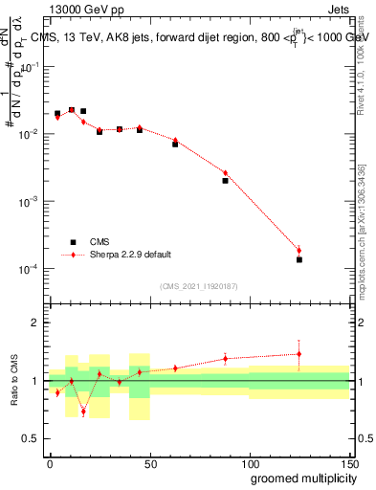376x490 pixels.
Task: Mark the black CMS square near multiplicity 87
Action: click(225, 180)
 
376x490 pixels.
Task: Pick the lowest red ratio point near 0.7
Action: click(84, 412)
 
